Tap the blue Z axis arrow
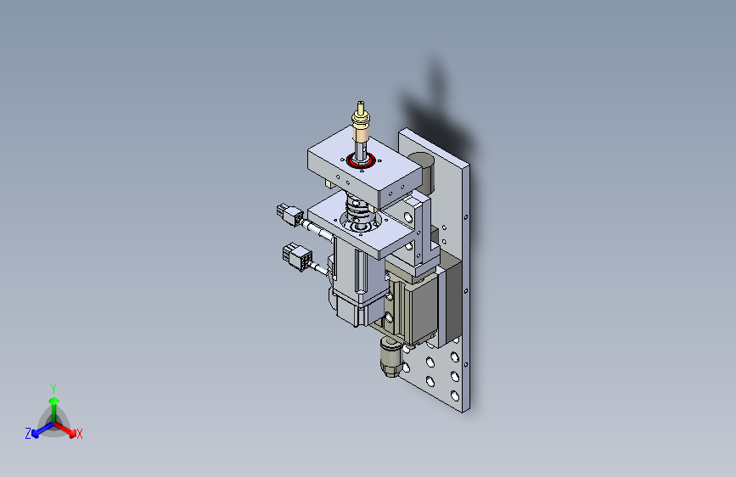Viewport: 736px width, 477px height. pyautogui.click(x=43, y=430)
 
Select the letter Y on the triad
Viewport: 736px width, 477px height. pyautogui.click(x=53, y=389)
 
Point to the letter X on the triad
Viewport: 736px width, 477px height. pyautogui.click(x=80, y=434)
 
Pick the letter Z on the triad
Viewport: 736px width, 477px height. pyautogui.click(x=28, y=434)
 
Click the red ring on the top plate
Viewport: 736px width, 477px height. pyautogui.click(x=361, y=161)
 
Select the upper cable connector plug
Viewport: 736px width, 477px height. pyautogui.click(x=289, y=214)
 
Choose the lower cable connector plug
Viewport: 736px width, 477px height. pyautogui.click(x=297, y=256)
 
